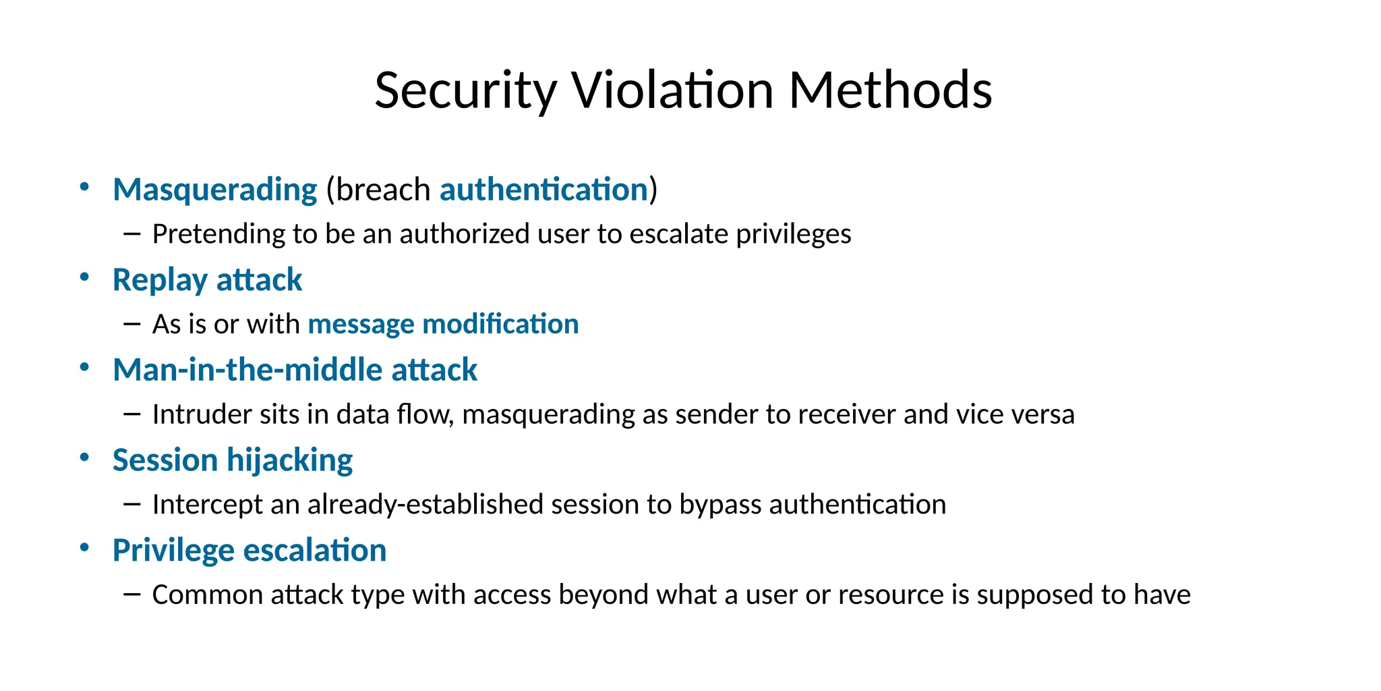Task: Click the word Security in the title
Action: coord(465,90)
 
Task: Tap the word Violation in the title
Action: coord(672,90)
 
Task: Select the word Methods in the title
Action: coord(890,90)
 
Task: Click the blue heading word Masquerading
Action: coord(214,190)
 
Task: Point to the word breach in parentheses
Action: coord(383,190)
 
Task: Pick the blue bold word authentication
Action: coord(543,190)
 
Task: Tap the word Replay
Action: coord(160,280)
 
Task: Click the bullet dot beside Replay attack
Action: coord(84,277)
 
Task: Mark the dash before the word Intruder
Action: coord(132,414)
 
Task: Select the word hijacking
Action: coord(289,460)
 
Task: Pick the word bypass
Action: coord(720,505)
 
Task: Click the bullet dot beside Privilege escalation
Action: coord(84,547)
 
